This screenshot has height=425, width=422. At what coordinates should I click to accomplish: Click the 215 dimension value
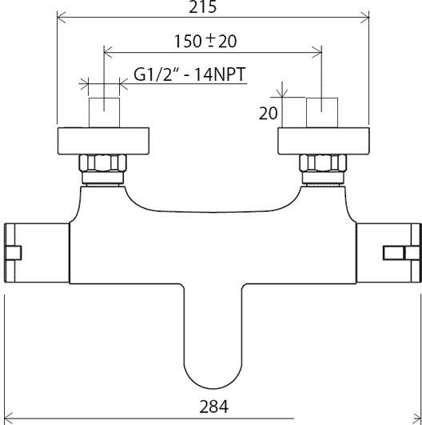pyautogui.click(x=202, y=6)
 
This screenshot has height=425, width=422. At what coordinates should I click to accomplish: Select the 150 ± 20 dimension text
pyautogui.click(x=205, y=41)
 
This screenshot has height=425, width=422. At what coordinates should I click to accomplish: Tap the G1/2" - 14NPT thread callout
pyautogui.click(x=189, y=74)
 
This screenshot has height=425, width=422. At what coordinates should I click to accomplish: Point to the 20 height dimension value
pyautogui.click(x=269, y=113)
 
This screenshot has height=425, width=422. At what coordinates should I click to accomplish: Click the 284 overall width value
pyautogui.click(x=214, y=407)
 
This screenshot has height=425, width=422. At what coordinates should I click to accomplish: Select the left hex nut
pyautogui.click(x=102, y=163)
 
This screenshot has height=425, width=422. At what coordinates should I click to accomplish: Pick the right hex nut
pyautogui.click(x=323, y=163)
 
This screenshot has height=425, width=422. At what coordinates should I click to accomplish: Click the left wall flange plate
pyautogui.click(x=103, y=141)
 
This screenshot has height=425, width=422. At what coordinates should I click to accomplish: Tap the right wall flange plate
pyautogui.click(x=324, y=141)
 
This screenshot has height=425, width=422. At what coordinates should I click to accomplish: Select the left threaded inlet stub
pyautogui.click(x=104, y=113)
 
